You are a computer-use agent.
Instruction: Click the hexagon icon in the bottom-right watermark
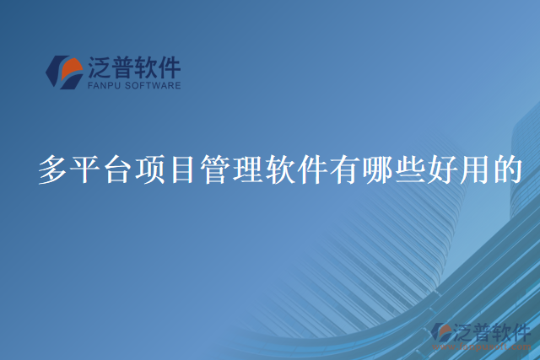[440, 332]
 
